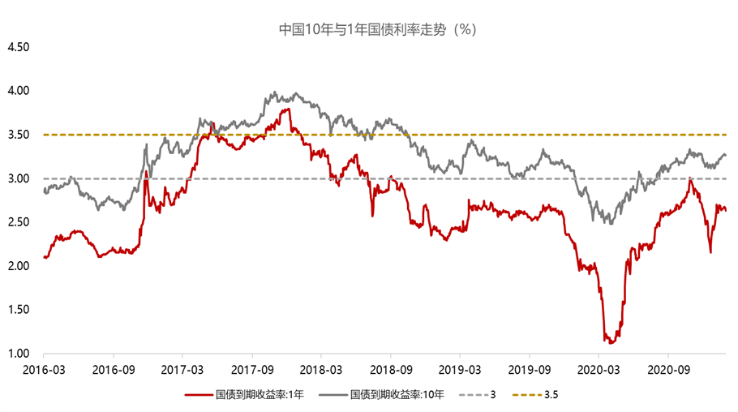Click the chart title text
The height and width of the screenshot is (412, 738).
click(x=369, y=28)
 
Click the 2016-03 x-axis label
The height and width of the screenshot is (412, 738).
click(x=44, y=371)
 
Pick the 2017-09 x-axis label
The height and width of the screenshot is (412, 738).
click(x=251, y=371)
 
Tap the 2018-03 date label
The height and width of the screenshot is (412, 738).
click(x=321, y=371)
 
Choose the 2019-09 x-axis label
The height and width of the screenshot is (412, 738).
click(x=529, y=371)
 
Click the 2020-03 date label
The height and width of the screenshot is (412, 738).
click(x=599, y=371)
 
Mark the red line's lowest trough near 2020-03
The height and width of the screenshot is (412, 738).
click(x=606, y=342)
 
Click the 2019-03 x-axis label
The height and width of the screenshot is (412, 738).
click(x=460, y=371)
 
